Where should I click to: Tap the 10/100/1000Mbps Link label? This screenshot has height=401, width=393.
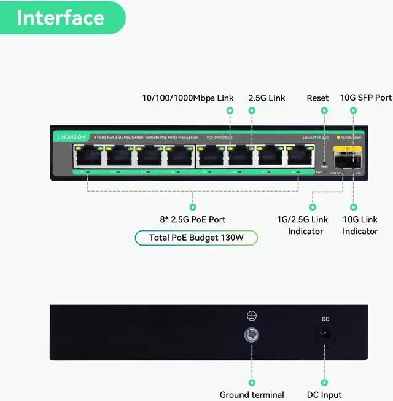point(187,98)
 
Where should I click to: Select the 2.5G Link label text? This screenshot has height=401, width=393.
point(267,98)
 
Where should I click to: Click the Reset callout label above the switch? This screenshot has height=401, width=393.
point(317,98)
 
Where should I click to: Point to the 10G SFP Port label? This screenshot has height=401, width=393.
point(365,98)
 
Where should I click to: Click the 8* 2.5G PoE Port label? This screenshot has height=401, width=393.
point(192,219)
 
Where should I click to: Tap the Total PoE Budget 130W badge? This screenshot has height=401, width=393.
point(196,238)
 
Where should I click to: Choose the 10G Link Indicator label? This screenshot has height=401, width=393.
point(360,225)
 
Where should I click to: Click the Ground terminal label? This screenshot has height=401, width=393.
point(252,395)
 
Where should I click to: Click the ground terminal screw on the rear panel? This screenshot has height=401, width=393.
point(251,335)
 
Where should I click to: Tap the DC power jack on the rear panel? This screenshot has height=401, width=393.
point(325,333)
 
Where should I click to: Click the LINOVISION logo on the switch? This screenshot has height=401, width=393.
point(69,137)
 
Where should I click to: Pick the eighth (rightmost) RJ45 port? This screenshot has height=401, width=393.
point(301,158)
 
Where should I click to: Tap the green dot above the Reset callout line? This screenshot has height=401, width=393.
point(324,111)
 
